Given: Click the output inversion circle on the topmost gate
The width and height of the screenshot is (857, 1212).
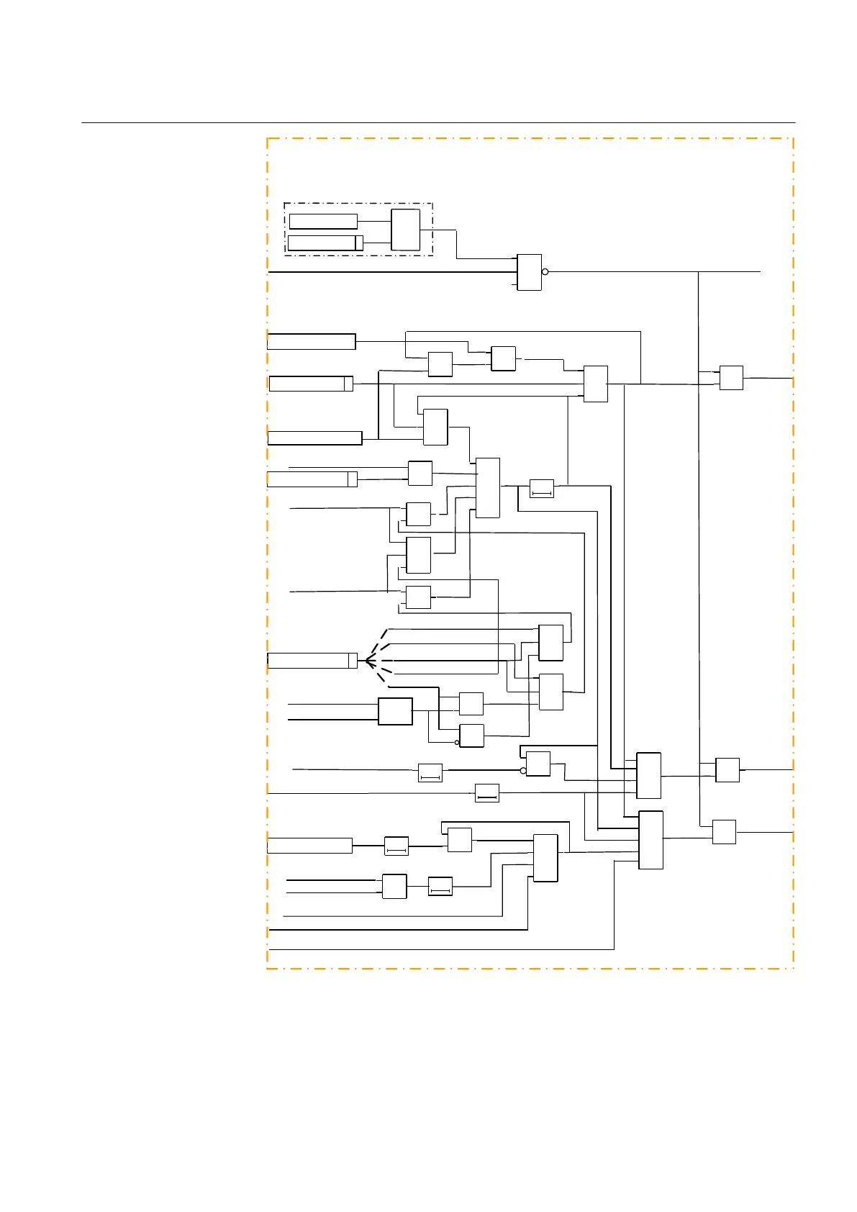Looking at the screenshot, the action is (545, 272).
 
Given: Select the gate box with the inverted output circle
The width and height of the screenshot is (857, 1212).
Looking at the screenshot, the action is (529, 272).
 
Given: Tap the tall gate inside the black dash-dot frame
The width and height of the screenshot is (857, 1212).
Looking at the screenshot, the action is (405, 230).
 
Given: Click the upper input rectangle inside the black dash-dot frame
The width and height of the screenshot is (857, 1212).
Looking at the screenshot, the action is (323, 221).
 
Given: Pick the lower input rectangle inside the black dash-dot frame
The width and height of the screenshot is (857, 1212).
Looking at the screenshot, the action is (325, 243).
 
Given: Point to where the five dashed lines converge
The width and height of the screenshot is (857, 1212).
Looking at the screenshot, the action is (367, 660).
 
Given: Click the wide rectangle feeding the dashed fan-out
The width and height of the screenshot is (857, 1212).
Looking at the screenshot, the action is (312, 660).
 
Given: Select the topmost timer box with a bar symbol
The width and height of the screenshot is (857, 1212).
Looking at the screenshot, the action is (542, 488).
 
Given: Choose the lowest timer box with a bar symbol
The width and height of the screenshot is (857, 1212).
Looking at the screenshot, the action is (440, 886).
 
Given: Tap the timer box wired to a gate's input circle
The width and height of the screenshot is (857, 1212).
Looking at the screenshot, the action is (430, 773).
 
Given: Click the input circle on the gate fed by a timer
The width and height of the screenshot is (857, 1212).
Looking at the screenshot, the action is (523, 770).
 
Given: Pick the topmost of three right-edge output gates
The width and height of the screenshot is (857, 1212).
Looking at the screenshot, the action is (731, 378).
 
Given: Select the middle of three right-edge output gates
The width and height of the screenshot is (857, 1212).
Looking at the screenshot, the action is (727, 770).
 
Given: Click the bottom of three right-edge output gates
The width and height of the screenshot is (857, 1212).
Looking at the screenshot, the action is (724, 832).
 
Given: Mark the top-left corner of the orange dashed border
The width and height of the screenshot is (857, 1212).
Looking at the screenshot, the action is (268, 139).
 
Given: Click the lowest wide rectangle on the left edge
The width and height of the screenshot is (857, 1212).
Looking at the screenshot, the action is (309, 846).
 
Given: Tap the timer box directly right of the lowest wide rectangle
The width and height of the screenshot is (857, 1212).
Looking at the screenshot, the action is (396, 846).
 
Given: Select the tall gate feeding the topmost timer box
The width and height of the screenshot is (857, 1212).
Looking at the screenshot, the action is (488, 487).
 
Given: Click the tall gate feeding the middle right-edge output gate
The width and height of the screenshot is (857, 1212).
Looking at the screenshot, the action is (648, 775).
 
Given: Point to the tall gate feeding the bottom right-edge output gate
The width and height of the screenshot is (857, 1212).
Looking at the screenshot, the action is (650, 840).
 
